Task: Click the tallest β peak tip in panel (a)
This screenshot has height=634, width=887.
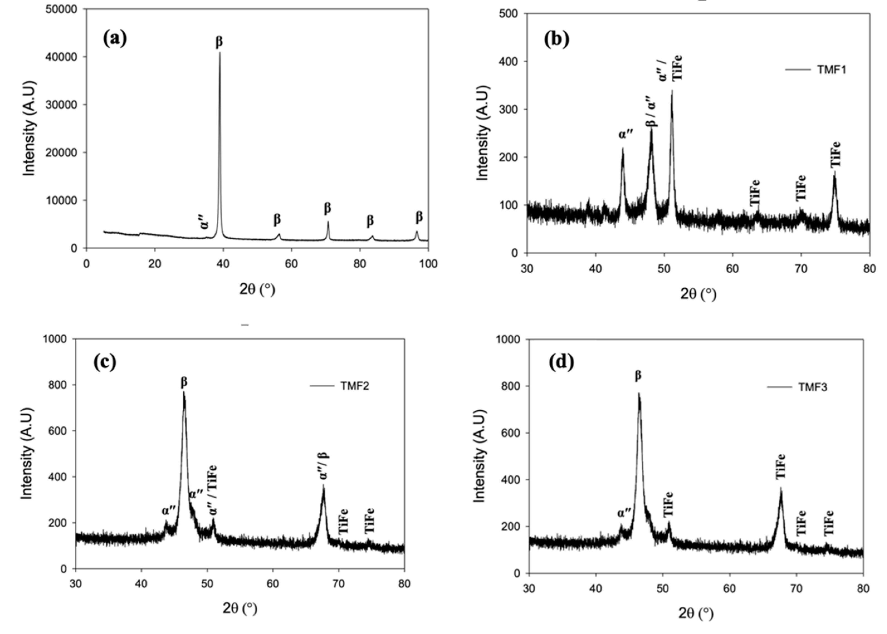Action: pos(219,53)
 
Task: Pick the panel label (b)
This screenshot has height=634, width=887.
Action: pos(557,39)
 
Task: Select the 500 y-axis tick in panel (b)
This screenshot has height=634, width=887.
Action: pos(509,14)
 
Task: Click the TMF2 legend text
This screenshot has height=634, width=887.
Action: pos(354,386)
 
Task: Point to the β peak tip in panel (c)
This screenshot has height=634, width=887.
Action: pos(184,392)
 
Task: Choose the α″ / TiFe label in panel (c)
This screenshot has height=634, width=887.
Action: pos(213,490)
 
